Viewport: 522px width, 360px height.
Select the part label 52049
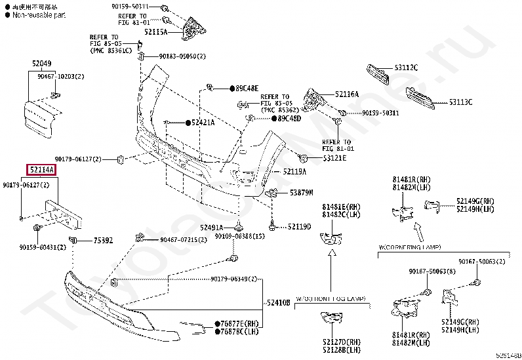41,64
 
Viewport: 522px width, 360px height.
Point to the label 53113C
460,102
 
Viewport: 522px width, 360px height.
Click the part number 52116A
347,94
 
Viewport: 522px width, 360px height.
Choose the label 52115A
156,31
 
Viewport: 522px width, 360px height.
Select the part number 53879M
302,192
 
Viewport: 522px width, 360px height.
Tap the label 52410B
278,303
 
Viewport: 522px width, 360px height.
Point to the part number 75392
102,239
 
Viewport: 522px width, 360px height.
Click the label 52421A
203,123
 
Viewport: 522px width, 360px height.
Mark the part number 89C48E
247,88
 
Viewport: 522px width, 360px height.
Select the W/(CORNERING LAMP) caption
410,248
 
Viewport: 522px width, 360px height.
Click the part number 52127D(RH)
341,342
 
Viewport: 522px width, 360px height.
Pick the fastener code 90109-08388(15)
239,235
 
